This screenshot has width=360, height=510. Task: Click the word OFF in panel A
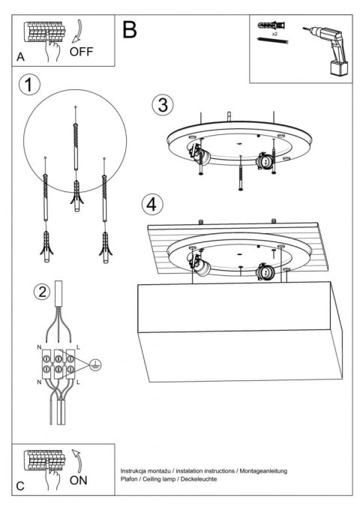(82, 52)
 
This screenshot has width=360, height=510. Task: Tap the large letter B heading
(129, 29)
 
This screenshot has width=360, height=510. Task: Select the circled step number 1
(29, 85)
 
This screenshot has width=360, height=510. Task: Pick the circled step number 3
(160, 105)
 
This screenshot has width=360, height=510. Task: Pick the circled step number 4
(152, 203)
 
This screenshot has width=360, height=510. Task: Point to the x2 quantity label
(275, 34)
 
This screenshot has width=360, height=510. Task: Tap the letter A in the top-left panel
(20, 57)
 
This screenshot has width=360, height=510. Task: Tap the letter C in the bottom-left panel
(20, 486)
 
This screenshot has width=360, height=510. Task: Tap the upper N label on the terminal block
(38, 348)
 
